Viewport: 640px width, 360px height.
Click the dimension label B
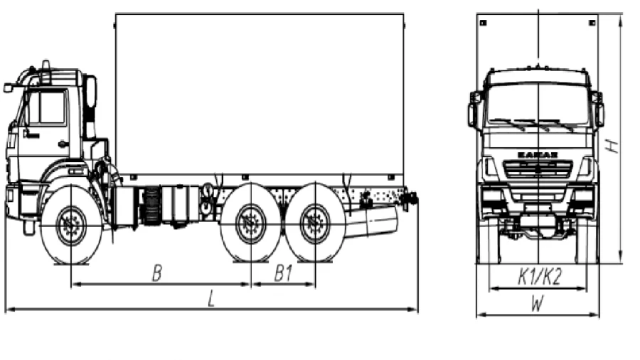click(x=157, y=273)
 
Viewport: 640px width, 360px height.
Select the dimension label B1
click(x=283, y=273)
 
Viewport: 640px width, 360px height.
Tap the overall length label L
click(x=211, y=299)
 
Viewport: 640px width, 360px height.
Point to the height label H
click(x=612, y=146)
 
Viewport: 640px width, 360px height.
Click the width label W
click(x=538, y=304)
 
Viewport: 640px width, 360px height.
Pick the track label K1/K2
click(x=540, y=277)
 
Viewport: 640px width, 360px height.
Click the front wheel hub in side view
click(x=71, y=226)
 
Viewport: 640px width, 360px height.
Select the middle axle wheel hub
click(x=250, y=223)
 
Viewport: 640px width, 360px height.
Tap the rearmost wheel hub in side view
click(x=315, y=223)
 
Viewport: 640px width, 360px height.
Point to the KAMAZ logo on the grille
click(x=538, y=155)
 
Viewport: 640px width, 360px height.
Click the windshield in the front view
click(x=538, y=105)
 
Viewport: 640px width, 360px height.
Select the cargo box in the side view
click(x=260, y=95)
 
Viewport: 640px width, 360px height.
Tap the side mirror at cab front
click(x=8, y=88)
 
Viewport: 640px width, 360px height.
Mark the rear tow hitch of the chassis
click(x=410, y=198)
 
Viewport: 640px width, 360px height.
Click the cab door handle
click(x=63, y=144)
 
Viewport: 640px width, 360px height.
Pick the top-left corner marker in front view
click(x=484, y=23)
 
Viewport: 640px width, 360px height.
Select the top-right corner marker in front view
click(x=592, y=23)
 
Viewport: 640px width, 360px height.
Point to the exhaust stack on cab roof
click(x=46, y=71)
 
